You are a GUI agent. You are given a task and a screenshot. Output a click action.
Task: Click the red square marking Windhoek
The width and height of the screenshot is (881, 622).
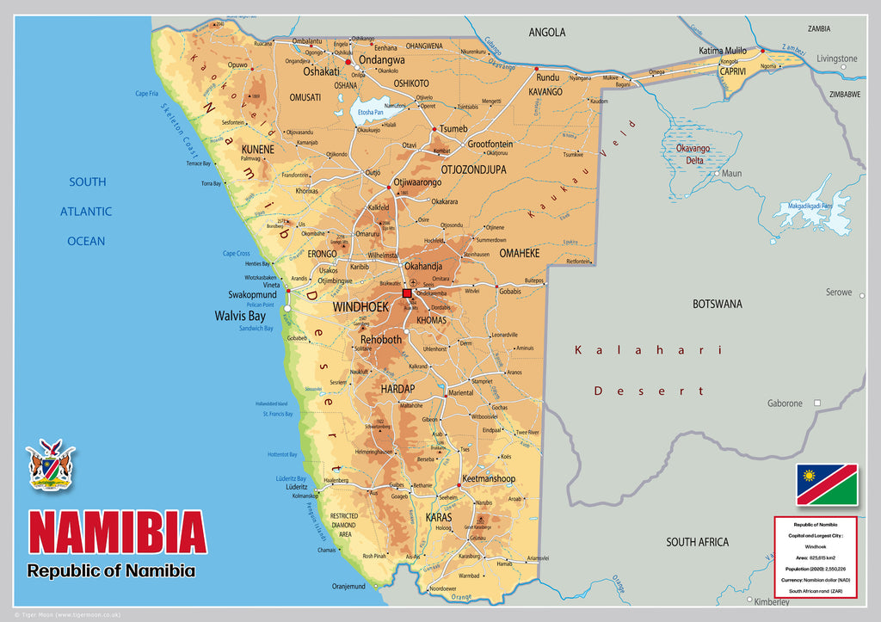coord(407,294)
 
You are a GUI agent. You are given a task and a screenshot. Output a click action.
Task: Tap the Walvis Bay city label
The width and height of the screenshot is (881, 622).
coord(240,316)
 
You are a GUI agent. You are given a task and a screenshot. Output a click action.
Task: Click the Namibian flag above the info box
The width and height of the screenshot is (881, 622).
coord(826,484)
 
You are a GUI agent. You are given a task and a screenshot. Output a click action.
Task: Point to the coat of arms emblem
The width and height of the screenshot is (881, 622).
coord(51,465)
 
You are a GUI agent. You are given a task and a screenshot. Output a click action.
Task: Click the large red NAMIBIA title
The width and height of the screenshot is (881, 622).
coord(118,533)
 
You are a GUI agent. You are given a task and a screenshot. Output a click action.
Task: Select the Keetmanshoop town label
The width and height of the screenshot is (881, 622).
coord(488,478)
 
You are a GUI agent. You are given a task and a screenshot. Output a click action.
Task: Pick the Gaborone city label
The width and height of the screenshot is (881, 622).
coord(785,403)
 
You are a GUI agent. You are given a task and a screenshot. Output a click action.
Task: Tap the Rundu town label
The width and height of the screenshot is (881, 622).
coord(548,77)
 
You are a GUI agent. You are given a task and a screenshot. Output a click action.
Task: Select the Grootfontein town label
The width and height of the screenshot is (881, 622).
coord(490,144)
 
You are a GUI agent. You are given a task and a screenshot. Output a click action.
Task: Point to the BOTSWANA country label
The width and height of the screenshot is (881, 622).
coord(717,304)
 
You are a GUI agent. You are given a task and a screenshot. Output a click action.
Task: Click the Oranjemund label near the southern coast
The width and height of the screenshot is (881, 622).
coord(348,587)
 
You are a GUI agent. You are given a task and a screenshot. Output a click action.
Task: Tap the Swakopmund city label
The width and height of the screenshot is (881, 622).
coord(252,294)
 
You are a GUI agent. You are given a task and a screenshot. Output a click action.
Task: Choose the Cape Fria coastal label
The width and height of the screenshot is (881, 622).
coord(147,94)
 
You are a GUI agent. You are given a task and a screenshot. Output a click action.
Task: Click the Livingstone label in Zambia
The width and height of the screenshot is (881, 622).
coord(836,59)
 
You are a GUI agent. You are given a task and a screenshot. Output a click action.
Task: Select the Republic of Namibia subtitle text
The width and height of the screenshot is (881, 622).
coord(111,570)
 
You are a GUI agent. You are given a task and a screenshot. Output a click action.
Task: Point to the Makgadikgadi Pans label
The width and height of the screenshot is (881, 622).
coord(802,206)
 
